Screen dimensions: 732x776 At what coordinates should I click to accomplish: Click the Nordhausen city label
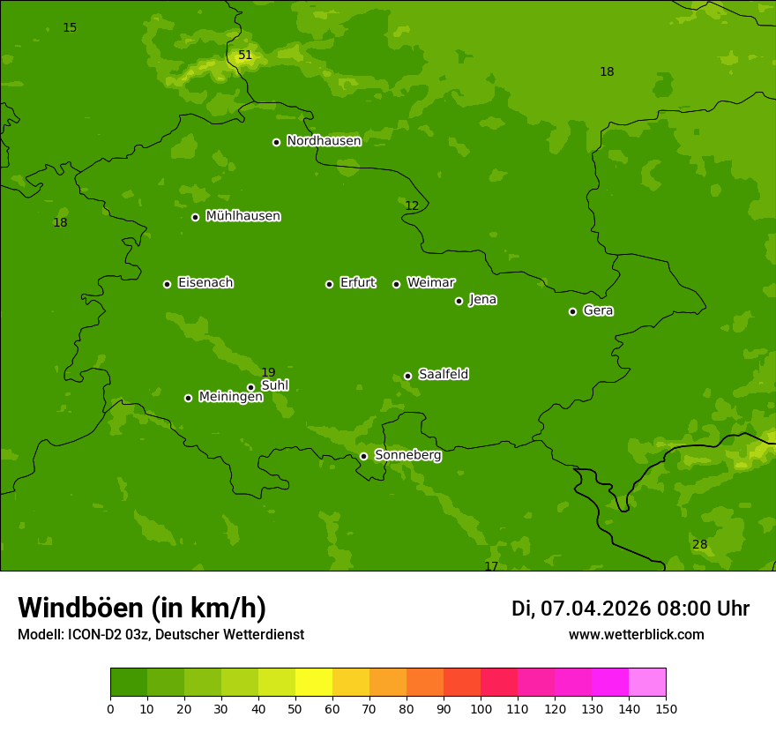tap(324, 141)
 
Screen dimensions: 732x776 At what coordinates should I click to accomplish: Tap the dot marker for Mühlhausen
tap(196, 217)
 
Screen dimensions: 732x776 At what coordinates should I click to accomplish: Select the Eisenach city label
tap(205, 283)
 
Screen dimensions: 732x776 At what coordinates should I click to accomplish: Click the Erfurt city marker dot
tap(330, 284)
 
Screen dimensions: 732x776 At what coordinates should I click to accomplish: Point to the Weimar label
tap(430, 283)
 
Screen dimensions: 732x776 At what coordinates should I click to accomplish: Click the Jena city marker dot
tap(459, 301)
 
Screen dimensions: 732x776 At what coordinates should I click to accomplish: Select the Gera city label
tap(598, 310)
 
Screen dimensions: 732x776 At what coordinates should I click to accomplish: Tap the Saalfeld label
tap(444, 375)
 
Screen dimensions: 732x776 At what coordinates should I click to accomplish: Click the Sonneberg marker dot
tap(363, 456)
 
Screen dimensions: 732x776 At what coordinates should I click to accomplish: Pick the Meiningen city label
tap(230, 397)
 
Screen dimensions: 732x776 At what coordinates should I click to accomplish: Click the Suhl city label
tap(274, 385)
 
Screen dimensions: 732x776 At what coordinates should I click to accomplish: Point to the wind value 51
tap(245, 56)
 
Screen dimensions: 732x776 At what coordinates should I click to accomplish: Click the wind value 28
tap(699, 545)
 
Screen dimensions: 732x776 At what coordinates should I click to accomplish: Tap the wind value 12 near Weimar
tap(412, 206)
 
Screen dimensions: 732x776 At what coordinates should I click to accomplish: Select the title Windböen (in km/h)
tap(142, 608)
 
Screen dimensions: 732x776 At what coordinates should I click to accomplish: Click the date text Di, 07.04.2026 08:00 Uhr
tap(630, 609)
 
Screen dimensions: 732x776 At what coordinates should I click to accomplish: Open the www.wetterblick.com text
tap(636, 635)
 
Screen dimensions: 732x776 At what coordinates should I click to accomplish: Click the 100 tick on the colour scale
tap(481, 708)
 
